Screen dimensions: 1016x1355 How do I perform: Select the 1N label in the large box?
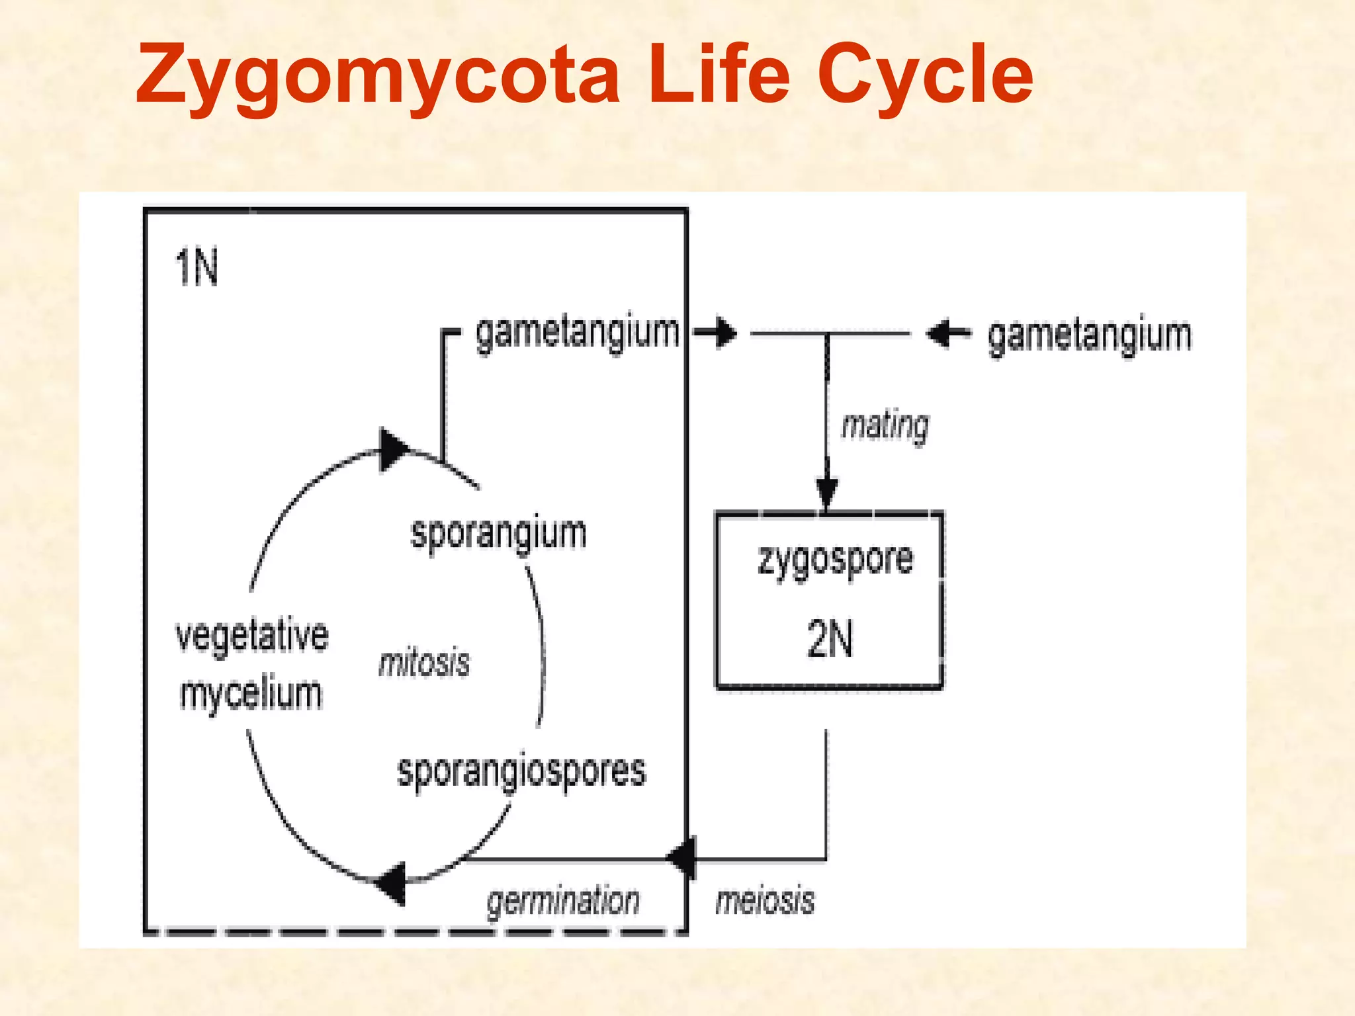coord(197,268)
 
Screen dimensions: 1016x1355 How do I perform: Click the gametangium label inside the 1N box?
coord(577,333)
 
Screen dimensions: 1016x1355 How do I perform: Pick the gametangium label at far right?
coord(1089,336)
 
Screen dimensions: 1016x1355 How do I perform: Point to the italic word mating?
coord(885,425)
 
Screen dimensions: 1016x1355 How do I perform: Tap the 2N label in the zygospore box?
coord(830,639)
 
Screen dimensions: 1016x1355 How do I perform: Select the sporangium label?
coord(498,533)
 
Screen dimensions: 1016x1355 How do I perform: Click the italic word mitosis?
coord(424,663)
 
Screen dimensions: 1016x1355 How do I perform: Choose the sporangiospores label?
coord(521,771)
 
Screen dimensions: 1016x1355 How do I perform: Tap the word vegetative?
coord(252,636)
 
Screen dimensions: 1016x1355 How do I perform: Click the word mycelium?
coord(251,695)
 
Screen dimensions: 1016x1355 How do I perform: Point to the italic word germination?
coord(563,901)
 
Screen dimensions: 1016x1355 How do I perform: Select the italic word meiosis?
coord(765,901)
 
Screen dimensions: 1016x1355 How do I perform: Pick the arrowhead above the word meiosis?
coord(683,859)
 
